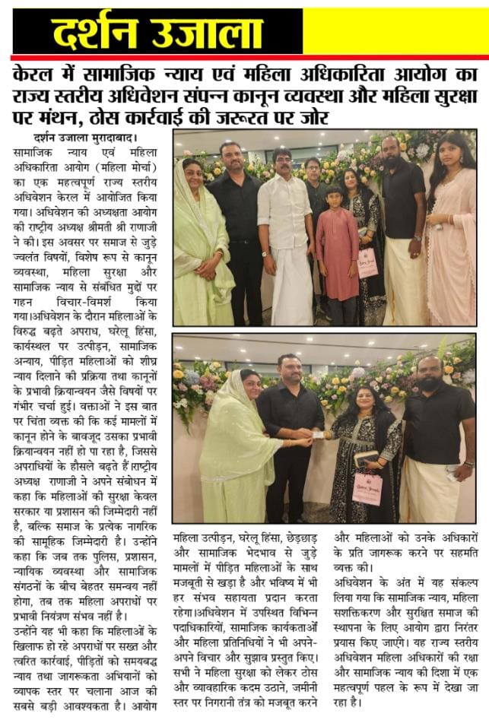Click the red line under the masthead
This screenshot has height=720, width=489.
click(x=244, y=57)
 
